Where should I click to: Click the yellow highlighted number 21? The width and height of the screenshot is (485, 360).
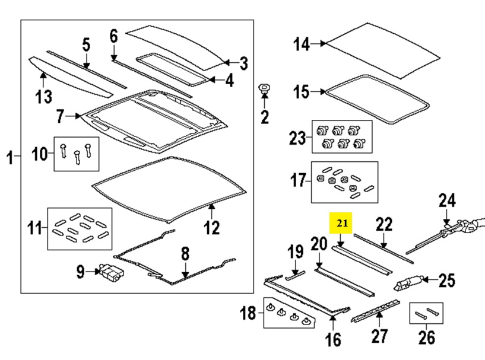[342, 223]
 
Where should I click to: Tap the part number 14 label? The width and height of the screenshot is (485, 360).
[301, 44]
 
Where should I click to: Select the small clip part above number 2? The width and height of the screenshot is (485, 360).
[264, 89]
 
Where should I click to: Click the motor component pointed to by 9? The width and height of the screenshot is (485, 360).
[111, 273]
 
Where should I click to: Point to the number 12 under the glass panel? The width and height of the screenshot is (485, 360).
[212, 227]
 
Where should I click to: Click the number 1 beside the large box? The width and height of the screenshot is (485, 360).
[10, 157]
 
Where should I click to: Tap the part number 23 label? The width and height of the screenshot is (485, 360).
[297, 138]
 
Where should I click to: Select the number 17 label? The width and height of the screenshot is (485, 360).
[298, 180]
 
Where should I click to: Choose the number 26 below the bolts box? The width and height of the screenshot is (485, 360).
[427, 337]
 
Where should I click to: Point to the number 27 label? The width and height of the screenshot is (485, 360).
[379, 336]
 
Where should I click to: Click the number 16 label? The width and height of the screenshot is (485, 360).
[333, 340]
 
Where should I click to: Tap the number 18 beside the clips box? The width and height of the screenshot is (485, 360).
[248, 313]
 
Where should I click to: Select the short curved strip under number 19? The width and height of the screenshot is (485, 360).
[295, 276]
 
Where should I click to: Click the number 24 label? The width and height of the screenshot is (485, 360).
[447, 200]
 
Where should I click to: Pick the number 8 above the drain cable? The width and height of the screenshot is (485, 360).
[185, 254]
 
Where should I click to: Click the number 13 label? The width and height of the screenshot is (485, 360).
[43, 97]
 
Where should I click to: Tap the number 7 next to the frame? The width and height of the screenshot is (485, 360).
[61, 116]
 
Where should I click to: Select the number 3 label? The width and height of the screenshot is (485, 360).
[244, 63]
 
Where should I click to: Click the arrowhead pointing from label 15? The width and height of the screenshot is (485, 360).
[323, 91]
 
